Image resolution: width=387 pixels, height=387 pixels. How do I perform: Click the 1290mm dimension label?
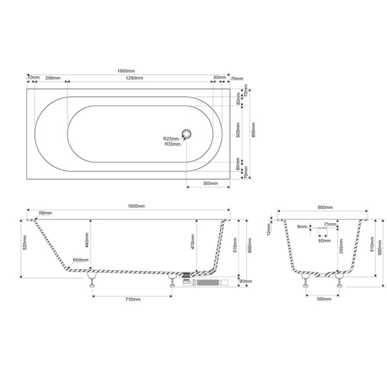click(134, 77)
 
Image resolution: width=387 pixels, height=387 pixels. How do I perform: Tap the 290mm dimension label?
click(54, 77)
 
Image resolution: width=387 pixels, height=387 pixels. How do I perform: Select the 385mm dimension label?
click(209, 184)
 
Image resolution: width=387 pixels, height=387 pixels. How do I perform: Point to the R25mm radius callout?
click(171, 139)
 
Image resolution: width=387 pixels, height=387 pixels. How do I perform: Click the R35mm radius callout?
click(172, 144)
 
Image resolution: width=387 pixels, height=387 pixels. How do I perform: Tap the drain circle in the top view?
click(187, 134)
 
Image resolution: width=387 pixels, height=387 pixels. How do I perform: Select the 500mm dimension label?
click(237, 130)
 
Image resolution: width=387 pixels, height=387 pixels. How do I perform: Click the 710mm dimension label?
click(133, 300)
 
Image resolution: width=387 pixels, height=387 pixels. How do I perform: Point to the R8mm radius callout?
click(45, 213)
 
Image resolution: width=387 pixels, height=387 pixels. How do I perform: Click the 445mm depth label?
click(86, 241)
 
